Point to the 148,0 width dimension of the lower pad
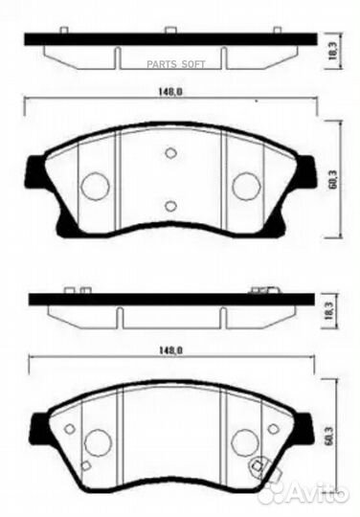[x=169, y=352]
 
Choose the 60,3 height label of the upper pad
[x=332, y=179]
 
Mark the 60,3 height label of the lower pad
[x=332, y=439]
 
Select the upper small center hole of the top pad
[x=170, y=152]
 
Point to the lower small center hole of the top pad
[x=170, y=205]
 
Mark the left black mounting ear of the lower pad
[x=38, y=430]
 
